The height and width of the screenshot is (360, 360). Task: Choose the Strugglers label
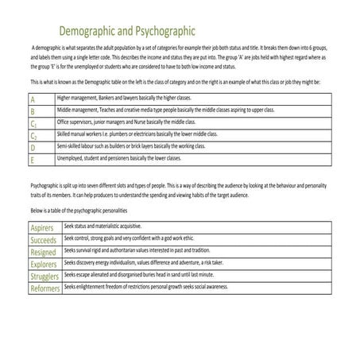[x=45, y=277]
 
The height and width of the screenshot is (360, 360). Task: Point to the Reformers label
[x=45, y=288]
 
